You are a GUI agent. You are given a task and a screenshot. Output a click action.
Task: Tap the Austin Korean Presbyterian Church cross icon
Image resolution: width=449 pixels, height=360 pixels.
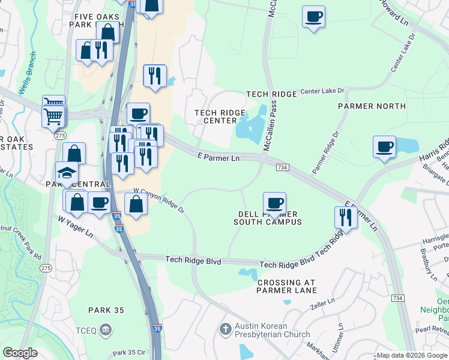[225, 328]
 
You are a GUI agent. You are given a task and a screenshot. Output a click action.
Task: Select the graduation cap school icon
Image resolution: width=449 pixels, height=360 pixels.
[67, 173]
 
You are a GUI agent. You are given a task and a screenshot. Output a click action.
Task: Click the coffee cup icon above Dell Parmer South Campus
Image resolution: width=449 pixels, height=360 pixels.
[274, 203]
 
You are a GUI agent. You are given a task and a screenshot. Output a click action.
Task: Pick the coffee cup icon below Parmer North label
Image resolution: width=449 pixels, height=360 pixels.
[384, 146]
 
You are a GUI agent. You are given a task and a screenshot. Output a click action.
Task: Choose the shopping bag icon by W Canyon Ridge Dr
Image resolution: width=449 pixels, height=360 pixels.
[137, 204]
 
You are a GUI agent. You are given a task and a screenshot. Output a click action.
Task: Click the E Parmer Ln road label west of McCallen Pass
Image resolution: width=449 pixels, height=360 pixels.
[218, 157]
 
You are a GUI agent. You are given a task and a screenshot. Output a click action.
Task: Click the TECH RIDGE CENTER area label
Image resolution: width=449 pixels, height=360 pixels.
[220, 116]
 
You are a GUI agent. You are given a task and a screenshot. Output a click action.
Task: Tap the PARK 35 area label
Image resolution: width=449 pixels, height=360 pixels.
[106, 310]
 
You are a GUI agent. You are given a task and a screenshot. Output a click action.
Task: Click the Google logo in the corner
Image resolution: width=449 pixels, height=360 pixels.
[20, 353]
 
